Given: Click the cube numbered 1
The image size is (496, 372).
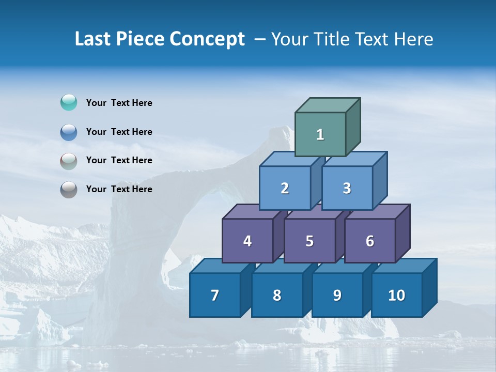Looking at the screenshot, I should coord(320,134).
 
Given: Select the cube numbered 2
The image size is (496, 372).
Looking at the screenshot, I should coord(285,188).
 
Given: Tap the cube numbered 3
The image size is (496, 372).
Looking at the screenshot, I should coord(347,188).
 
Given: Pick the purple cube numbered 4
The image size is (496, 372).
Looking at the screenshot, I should coord(247,241).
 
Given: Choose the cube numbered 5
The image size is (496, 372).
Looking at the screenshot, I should coord(309,241).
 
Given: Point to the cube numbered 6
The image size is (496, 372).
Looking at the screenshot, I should coord(370,241).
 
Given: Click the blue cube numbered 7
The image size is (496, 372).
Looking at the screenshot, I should coord(215,295).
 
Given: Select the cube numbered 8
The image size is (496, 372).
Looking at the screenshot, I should coord(277,295).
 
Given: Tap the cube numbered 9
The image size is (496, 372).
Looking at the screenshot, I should coord(337,295).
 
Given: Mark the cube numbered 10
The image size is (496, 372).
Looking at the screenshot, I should coord(397,295).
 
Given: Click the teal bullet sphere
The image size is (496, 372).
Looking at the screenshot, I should coord(69,102).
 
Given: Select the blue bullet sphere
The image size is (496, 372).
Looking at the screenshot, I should coord(69,132).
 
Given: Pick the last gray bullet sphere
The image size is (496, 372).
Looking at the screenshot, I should coord(69,190).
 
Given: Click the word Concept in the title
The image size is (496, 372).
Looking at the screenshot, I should coord(207,39).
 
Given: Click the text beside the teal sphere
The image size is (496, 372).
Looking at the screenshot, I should coord(119,103).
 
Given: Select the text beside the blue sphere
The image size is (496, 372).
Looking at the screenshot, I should coord(119,132).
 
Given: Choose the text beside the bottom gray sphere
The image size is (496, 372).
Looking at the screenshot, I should coord(119,189).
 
